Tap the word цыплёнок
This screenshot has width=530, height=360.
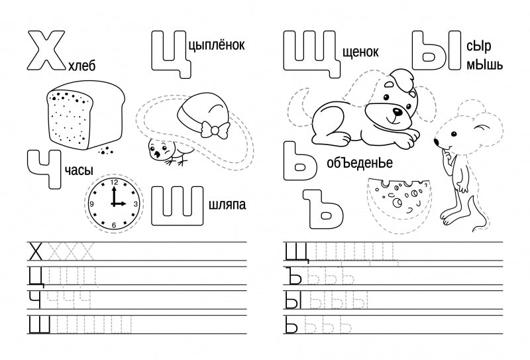click(217, 44)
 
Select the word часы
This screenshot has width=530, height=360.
click(78, 170)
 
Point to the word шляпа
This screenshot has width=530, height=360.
click(227, 205)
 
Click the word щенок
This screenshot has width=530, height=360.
click(360, 52)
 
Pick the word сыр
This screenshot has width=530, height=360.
click(478, 46)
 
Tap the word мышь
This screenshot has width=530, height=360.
click(485, 64)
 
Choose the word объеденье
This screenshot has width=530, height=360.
click(360, 163)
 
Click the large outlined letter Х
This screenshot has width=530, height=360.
click(46, 51)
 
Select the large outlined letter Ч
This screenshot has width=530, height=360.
click(44, 169)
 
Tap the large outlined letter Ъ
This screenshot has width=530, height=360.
click(324, 210)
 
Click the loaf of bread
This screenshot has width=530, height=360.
click(85, 115)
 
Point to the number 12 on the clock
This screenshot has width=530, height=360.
click(114, 182)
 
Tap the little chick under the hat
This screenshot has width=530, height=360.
click(166, 152)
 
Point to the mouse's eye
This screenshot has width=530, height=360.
click(454, 135)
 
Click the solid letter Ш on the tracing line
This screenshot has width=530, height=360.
click(39, 324)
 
